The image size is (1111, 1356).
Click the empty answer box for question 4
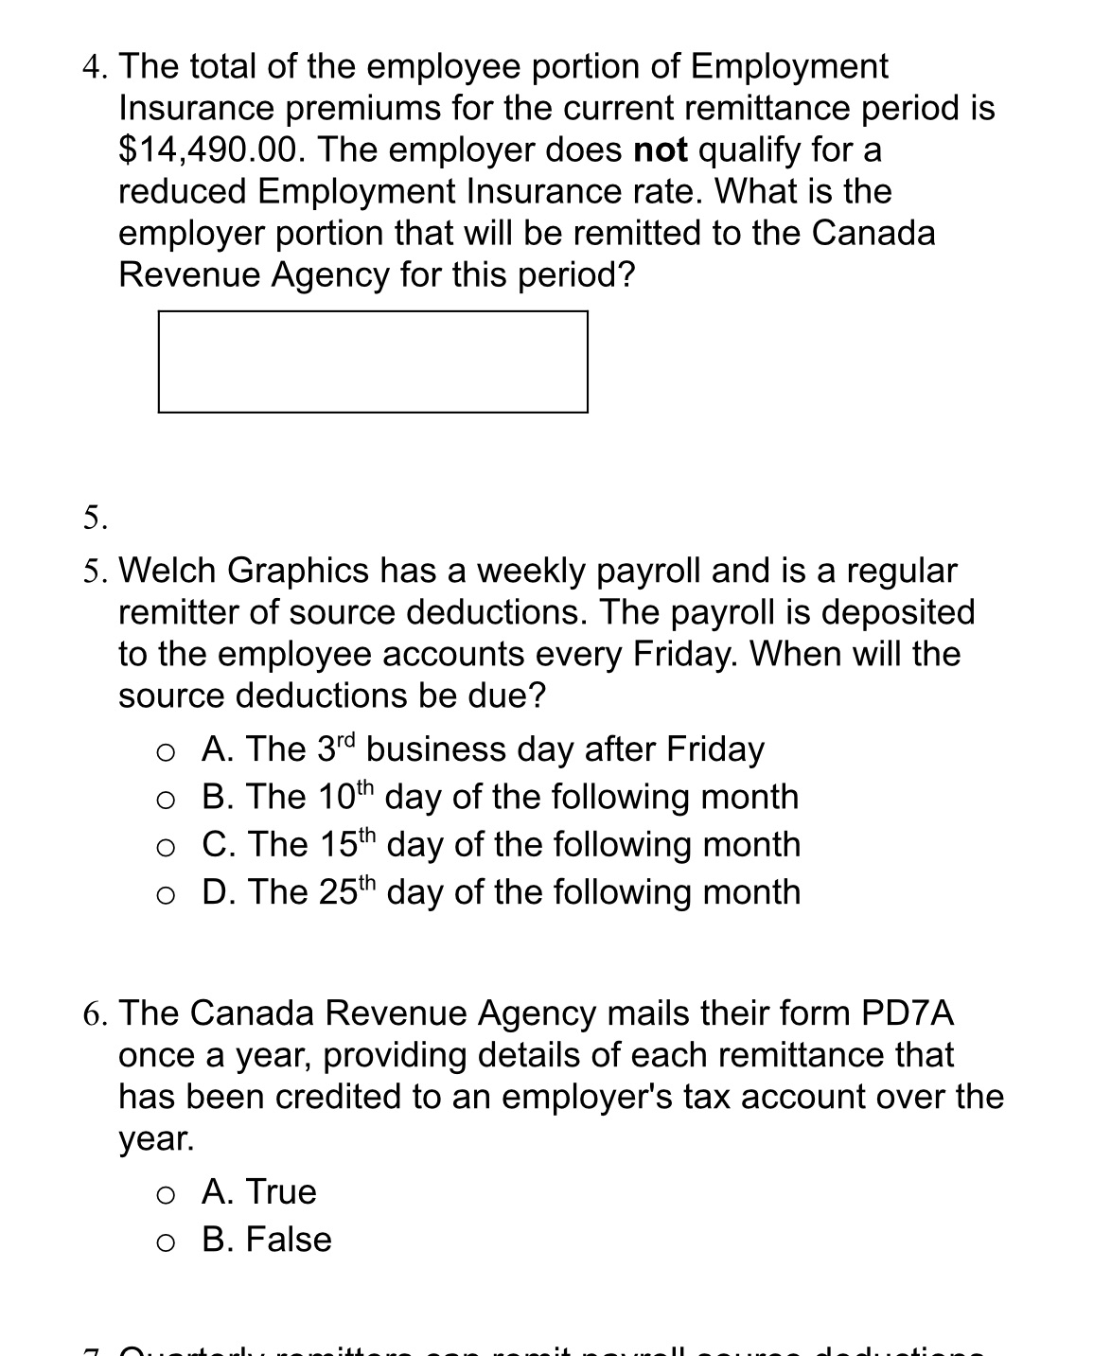pyautogui.click(x=373, y=361)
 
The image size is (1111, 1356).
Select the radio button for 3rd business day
pyautogui.click(x=166, y=751)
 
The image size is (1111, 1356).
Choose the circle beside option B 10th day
pyautogui.click(x=166, y=800)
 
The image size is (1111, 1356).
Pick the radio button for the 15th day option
pyautogui.click(x=166, y=847)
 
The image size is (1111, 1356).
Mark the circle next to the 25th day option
pyautogui.click(x=166, y=894)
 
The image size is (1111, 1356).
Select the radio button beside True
pyautogui.click(x=166, y=1194)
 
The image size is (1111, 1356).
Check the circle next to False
pyautogui.click(x=166, y=1242)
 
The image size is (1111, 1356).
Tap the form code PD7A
pyautogui.click(x=907, y=1013)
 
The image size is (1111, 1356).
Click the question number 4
pyautogui.click(x=93, y=67)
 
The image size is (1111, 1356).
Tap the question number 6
pyautogui.click(x=93, y=1014)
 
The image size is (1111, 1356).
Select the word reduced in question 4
pyautogui.click(x=182, y=192)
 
